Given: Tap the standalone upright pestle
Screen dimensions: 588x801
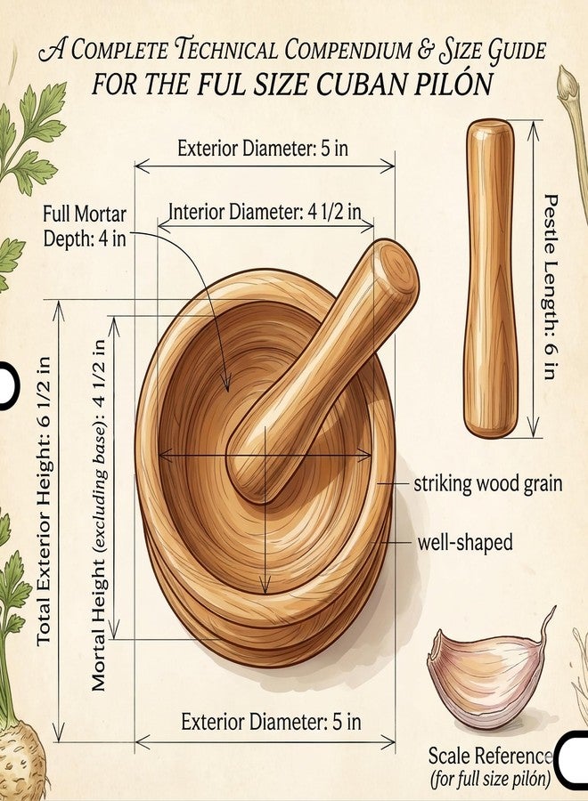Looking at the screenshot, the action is click(x=490, y=279).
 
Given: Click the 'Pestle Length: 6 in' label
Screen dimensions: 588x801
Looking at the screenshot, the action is click(x=550, y=286).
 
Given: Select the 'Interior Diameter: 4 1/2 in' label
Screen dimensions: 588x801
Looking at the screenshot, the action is click(x=265, y=212).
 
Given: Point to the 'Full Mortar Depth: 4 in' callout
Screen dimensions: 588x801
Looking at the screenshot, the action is click(x=85, y=226).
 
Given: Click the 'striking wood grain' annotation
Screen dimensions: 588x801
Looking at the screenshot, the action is click(x=488, y=483).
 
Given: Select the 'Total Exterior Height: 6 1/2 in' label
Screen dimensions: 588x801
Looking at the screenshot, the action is click(x=45, y=500).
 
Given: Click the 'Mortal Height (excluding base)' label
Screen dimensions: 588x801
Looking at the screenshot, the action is click(x=99, y=515).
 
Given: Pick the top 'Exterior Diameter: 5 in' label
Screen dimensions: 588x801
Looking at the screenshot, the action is click(x=263, y=149).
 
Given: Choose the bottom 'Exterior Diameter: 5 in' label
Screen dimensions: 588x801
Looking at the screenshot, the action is click(x=271, y=722).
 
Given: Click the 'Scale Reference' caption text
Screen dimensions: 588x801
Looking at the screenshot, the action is click(x=490, y=756).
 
